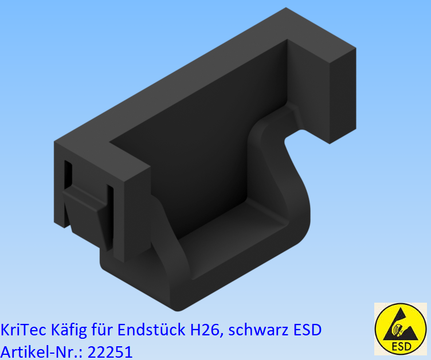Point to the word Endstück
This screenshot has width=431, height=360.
tap(150, 330)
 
